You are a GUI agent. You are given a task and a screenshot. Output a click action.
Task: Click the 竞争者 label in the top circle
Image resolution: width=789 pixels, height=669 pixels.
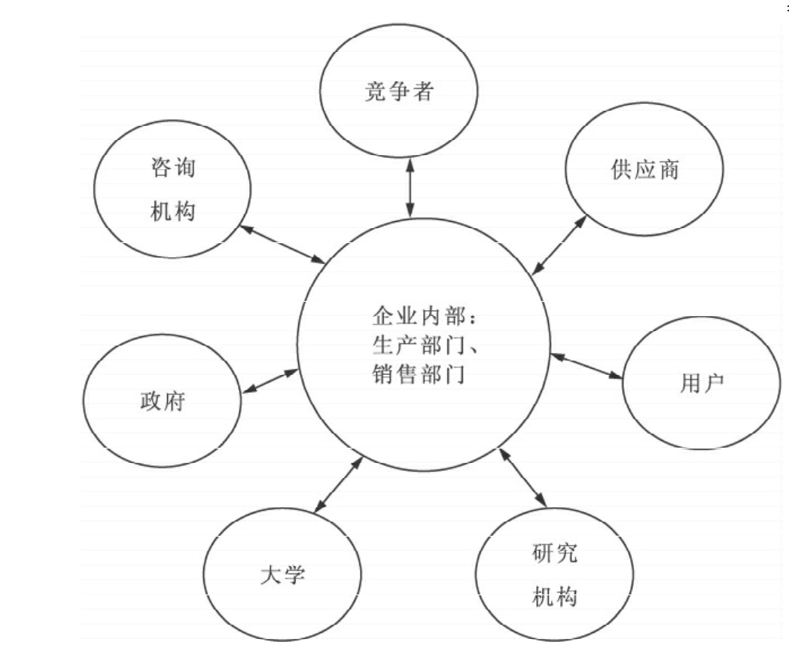pyautogui.click(x=399, y=93)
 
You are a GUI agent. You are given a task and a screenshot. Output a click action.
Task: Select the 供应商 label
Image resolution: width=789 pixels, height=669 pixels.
pyautogui.click(x=644, y=169)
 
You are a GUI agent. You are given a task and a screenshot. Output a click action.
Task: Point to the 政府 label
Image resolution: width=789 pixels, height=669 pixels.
pyautogui.click(x=162, y=401)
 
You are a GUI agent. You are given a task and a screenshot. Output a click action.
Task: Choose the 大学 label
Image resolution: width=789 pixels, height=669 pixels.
pyautogui.click(x=282, y=577)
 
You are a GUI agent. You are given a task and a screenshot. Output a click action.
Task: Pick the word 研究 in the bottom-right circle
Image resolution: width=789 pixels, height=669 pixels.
pyautogui.click(x=554, y=555)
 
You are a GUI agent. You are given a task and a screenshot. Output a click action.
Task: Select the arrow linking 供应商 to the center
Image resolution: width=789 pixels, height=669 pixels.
pyautogui.click(x=559, y=245)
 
